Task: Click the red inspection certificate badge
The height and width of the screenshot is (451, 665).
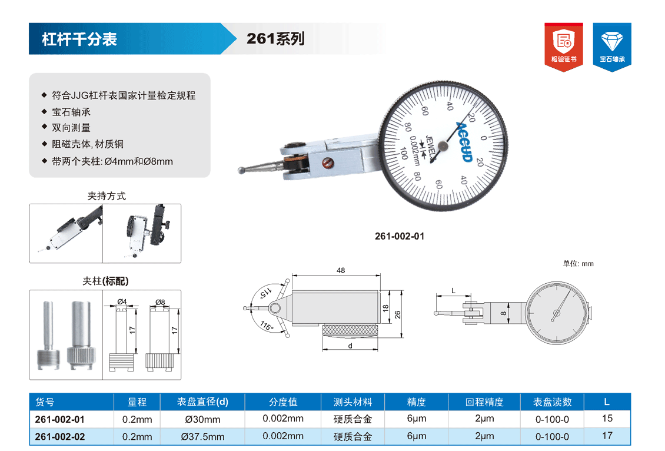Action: tap(564, 47)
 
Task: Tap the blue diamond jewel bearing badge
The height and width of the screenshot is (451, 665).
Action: tap(612, 47)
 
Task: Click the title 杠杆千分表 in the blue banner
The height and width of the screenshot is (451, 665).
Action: tap(79, 39)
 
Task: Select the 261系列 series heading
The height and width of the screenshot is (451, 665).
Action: tap(275, 39)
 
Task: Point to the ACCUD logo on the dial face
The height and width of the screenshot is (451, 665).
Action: tap(465, 141)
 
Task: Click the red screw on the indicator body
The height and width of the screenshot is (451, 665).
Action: tap(327, 162)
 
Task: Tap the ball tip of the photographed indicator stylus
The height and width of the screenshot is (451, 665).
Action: tap(241, 171)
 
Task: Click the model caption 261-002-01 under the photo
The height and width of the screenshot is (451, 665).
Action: tap(400, 236)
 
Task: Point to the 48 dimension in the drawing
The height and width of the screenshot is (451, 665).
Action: tap(341, 270)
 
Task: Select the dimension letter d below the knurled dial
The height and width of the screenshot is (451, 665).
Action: tap(350, 346)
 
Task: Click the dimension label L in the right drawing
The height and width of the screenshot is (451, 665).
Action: tap(453, 291)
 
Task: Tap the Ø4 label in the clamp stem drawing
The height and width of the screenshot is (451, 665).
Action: tap(122, 301)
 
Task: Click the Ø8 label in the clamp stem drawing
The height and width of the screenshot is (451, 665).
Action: tap(160, 302)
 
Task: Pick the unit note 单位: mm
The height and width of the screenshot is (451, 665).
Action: tap(578, 264)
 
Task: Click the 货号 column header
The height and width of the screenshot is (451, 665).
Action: tap(45, 402)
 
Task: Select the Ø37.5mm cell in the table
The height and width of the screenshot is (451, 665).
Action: tap(202, 436)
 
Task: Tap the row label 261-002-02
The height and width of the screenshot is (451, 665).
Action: tap(60, 436)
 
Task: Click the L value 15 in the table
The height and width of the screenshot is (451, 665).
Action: tap(607, 419)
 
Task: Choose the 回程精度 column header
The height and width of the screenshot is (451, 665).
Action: tap(484, 402)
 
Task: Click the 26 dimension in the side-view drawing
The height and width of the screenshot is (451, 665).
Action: tap(397, 315)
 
